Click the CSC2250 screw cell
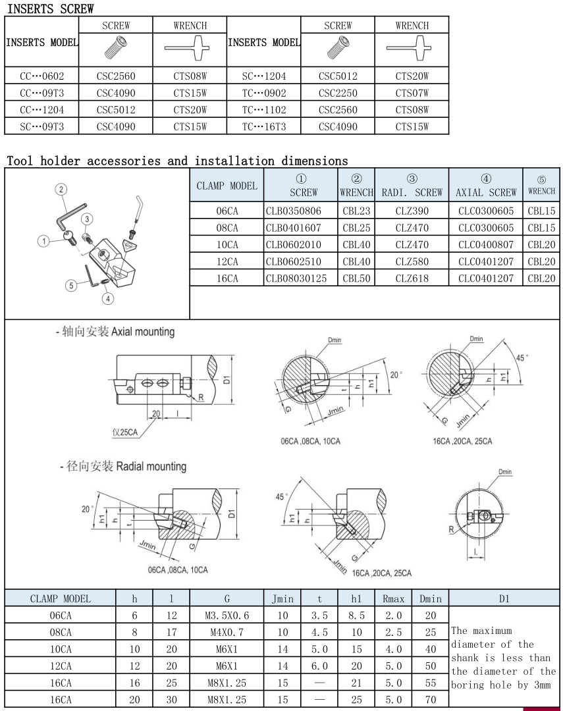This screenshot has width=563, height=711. (337, 93)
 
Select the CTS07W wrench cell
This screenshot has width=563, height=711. (412, 93)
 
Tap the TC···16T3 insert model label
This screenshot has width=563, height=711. (263, 126)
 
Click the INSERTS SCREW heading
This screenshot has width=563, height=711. (50, 9)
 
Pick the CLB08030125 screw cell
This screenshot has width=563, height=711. (301, 278)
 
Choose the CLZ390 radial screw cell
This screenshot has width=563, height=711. (412, 211)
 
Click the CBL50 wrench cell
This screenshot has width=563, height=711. (356, 278)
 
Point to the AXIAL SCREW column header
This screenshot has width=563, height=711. (486, 192)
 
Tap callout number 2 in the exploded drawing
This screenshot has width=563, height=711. (61, 190)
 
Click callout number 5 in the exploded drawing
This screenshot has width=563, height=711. (70, 285)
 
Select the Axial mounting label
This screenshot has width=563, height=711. (143, 332)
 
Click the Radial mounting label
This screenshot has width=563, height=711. (151, 467)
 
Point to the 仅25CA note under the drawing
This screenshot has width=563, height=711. (125, 433)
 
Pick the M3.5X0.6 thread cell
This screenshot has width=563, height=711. (227, 616)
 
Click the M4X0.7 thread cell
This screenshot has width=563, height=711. (227, 632)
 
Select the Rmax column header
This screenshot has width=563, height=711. (393, 598)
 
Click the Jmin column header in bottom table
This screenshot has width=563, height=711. (282, 598)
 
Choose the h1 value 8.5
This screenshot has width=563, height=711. (356, 616)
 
